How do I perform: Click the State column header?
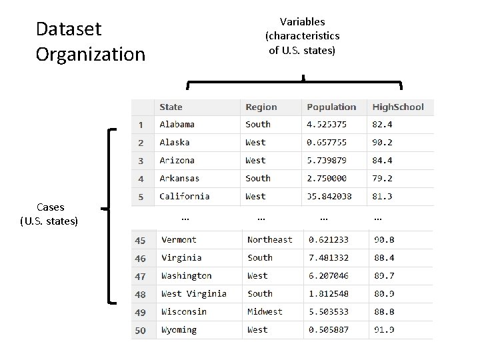tap(171, 107)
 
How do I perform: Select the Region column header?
tap(261, 107)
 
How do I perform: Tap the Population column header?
tap(331, 107)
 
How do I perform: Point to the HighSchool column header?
tap(397, 107)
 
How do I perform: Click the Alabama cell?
tap(177, 124)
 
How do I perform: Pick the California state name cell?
tap(184, 196)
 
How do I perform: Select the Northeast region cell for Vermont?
tap(269, 239)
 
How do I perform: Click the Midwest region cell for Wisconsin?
tap(265, 311)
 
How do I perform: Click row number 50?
tap(140, 330)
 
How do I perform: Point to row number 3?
tap(141, 161)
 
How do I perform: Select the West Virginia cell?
tap(193, 293)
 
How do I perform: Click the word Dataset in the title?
tap(69, 29)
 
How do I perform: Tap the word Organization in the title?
tap(90, 54)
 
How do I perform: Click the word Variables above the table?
tap(302, 22)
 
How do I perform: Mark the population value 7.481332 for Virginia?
tap(328, 257)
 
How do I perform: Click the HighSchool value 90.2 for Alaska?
tap(382, 142)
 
